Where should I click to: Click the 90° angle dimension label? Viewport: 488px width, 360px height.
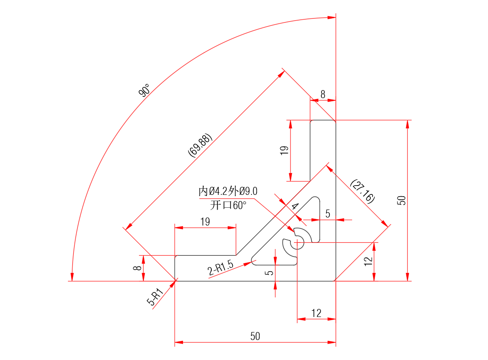coord(144,92)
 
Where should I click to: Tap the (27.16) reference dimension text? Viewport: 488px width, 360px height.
coord(362,191)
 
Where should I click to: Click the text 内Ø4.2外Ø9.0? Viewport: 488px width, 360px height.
coord(228,192)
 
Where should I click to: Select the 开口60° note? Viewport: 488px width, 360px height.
coord(228,205)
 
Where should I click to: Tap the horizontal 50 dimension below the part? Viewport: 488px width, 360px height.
coord(255,336)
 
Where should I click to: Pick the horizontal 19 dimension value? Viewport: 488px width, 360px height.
coord(205,222)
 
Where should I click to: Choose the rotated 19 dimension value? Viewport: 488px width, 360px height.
coord(285,150)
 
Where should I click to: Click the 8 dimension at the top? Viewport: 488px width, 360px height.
coord(323,95)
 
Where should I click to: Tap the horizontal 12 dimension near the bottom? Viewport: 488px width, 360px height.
coord(316,313)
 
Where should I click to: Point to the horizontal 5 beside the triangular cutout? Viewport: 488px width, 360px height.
coord(328,214)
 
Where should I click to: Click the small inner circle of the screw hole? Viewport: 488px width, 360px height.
coord(297,242)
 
